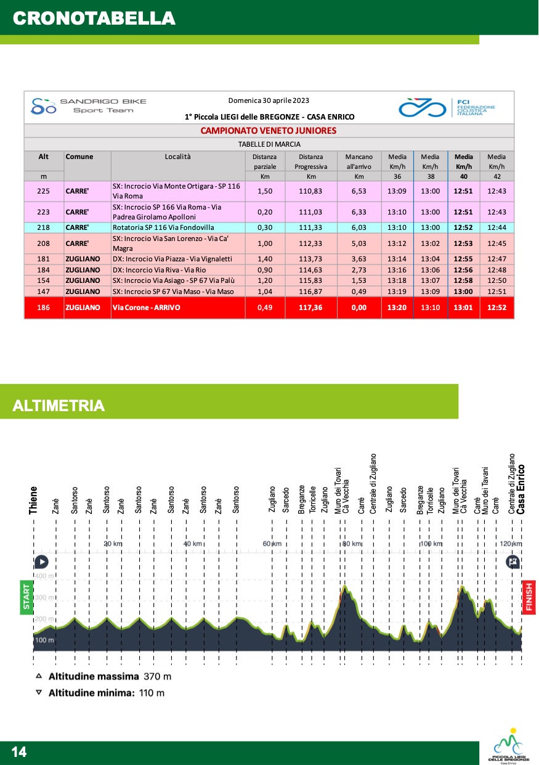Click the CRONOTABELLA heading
click(94, 18)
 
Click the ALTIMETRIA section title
click(59, 406)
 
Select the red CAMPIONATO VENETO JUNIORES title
click(269, 131)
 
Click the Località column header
click(178, 157)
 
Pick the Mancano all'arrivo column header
click(359, 162)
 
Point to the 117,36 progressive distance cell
click(311, 308)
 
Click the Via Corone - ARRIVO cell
click(147, 308)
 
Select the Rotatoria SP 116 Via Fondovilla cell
click(163, 227)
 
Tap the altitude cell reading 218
click(44, 227)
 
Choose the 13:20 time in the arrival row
click(397, 308)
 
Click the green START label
click(26, 595)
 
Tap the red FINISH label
click(529, 597)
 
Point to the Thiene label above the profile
click(33, 500)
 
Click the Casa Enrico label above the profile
click(521, 489)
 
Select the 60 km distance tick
click(272, 544)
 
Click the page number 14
click(19, 751)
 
